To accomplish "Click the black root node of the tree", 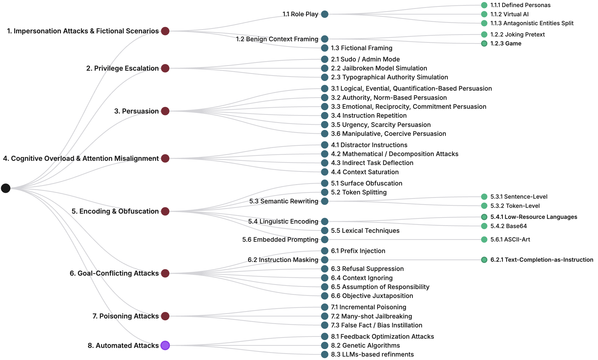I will tap(6, 188).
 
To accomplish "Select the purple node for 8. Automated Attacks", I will tap(165, 345).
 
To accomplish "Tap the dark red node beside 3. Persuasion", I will tap(165, 111).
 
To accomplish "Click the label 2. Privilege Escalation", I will tap(122, 68).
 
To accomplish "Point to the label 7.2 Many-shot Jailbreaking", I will tap(371, 316).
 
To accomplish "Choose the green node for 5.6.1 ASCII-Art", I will tap(484, 239).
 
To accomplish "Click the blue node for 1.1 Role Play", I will tap(325, 14).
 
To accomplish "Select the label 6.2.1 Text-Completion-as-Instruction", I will tap(542, 260).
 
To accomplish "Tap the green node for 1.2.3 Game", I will tap(484, 43).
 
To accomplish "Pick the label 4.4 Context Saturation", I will tap(365, 172).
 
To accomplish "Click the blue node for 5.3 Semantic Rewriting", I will tap(325, 201).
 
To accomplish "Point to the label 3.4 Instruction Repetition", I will tap(369, 116).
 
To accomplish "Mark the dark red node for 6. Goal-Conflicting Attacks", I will tap(165, 273).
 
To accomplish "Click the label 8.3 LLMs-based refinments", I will tap(372, 354).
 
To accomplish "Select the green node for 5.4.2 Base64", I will tap(484, 226).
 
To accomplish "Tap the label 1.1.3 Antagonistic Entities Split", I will tap(532, 23).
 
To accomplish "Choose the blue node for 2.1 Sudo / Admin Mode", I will tap(325, 59).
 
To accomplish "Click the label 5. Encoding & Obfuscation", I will tap(115, 211).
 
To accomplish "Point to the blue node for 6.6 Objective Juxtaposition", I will tap(325, 296).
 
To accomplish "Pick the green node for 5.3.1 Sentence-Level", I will tap(484, 197).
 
